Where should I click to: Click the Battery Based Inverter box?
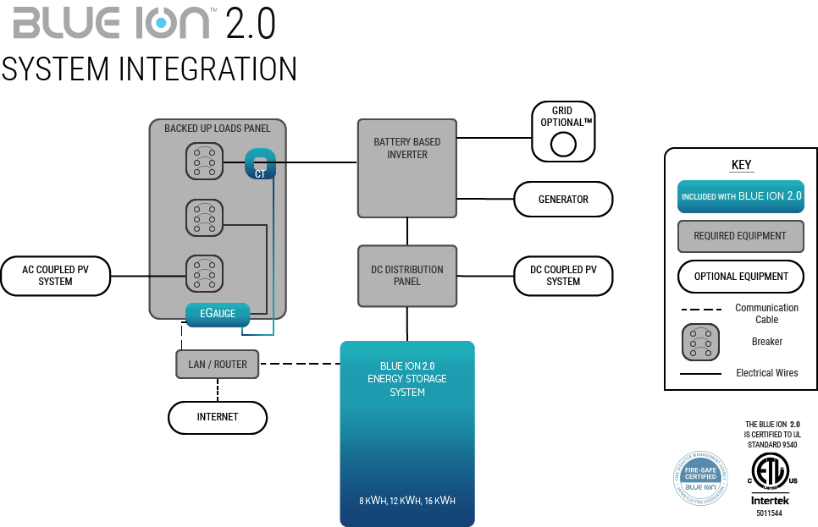[407, 167]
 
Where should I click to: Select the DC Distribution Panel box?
[407, 276]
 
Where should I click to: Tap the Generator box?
[563, 200]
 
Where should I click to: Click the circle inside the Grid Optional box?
[563, 145]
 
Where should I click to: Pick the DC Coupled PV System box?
[563, 276]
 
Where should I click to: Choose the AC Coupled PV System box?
[55, 276]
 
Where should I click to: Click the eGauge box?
[218, 314]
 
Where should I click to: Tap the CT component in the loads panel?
[260, 164]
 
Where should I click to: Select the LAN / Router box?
[218, 365]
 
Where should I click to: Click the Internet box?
[218, 417]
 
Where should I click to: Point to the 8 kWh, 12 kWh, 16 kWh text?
[407, 501]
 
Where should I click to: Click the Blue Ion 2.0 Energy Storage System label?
[407, 379]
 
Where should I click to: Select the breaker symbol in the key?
[700, 343]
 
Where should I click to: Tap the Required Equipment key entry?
[740, 236]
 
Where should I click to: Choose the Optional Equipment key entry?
[740, 277]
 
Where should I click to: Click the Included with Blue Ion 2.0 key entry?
[740, 196]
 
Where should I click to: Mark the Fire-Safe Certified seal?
[700, 480]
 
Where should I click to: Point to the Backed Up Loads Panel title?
[218, 129]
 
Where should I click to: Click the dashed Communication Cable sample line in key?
[700, 310]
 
